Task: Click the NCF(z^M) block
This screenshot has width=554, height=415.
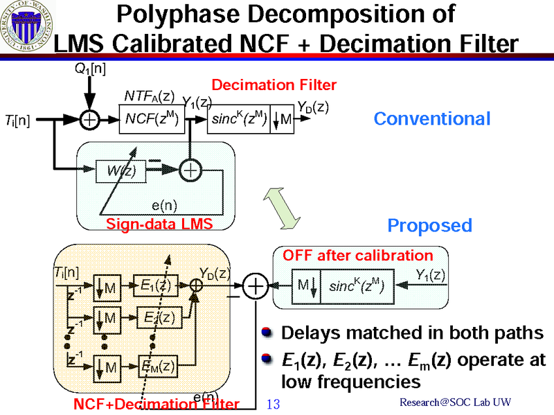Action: pyautogui.click(x=152, y=120)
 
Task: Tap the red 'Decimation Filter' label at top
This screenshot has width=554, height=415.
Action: pyautogui.click(x=274, y=85)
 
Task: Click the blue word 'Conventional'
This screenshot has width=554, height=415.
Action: pyautogui.click(x=432, y=118)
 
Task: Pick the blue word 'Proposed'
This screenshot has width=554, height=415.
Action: pyautogui.click(x=429, y=225)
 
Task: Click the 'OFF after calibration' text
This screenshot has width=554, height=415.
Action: pyautogui.click(x=358, y=256)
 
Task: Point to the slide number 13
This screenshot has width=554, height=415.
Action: pyautogui.click(x=272, y=404)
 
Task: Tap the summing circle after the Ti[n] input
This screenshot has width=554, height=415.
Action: pyautogui.click(x=89, y=120)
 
